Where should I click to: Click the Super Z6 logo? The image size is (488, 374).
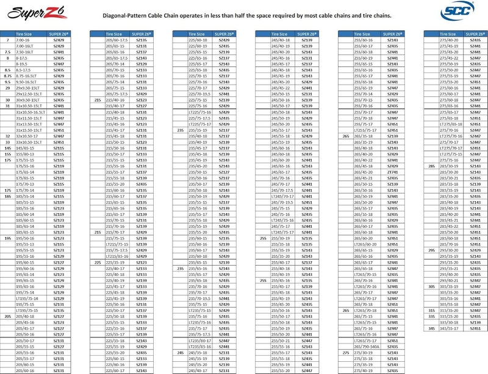(24, 10)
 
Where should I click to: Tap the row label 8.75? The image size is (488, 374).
(7, 76)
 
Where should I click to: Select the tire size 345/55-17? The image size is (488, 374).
(449, 328)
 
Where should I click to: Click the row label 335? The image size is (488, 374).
(431, 316)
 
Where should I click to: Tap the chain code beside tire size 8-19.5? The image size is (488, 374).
(59, 64)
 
